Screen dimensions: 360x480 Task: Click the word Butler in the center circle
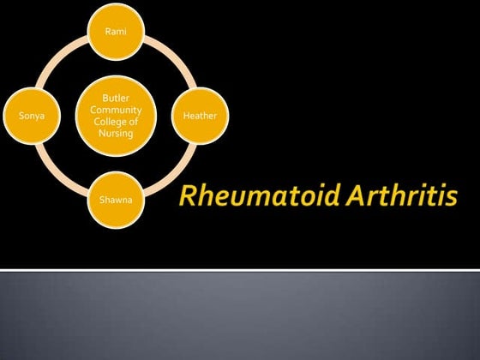116,99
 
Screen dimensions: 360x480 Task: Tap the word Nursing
116,132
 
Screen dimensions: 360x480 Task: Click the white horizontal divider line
240,270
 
